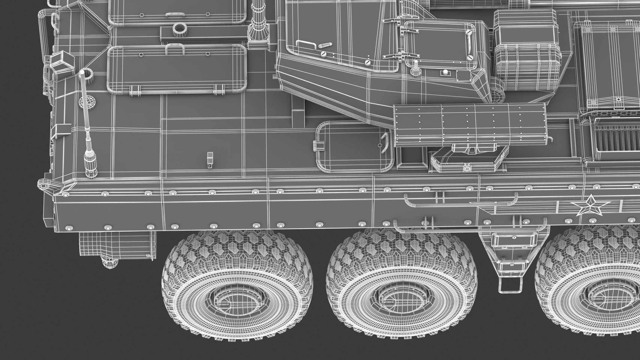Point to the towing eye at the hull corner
point(44,185)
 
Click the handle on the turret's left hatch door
point(306,43)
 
